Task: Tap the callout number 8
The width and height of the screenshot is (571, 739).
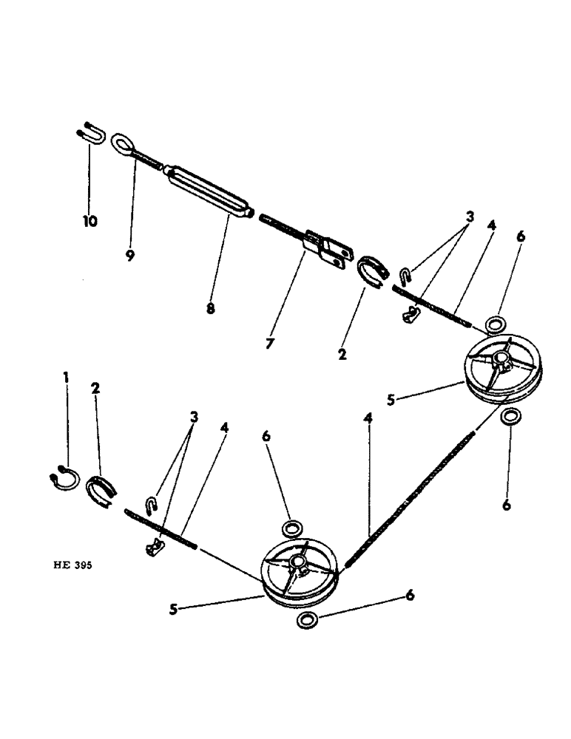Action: pos(210,309)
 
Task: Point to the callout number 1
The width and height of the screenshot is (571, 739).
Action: pos(66,378)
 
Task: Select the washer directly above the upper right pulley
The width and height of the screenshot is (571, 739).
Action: pos(496,324)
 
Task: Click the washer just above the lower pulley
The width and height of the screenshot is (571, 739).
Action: pos(291,528)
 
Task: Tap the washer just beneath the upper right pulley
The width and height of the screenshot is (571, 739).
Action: pos(508,418)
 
